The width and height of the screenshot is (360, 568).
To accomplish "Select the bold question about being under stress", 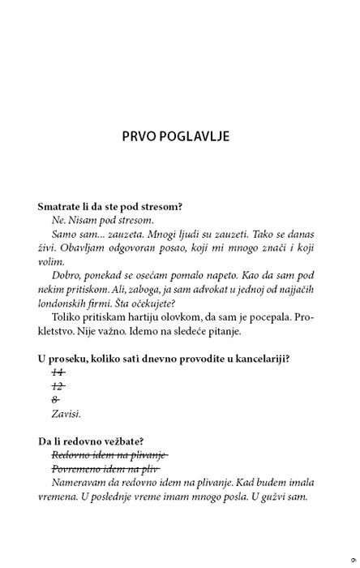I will click(x=109, y=206).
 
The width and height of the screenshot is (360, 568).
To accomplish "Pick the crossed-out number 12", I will click(x=58, y=385).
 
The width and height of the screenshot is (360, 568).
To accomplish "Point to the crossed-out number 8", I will click(x=55, y=399).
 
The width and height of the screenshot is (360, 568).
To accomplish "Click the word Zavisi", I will click(x=66, y=414).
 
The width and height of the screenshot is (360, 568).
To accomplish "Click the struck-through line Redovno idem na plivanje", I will click(x=109, y=455).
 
